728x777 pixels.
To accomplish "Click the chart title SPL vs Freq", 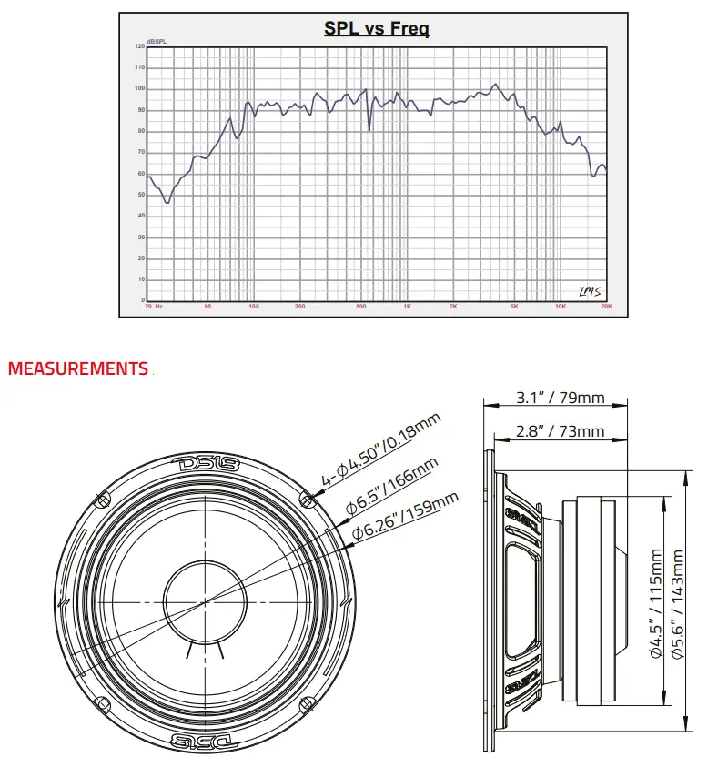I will pos(377,28).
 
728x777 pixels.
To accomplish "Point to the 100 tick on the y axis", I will pos(139,88).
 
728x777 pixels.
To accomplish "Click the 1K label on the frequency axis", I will pos(407,307).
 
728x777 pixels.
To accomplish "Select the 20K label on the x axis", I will pos(606,307).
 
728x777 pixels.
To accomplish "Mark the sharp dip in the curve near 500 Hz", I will pos(369,130).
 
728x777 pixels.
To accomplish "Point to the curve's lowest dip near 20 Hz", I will pos(168,202).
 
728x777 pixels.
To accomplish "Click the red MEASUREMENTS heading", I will pos(77,369).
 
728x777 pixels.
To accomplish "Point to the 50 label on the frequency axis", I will pos(208,307).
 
